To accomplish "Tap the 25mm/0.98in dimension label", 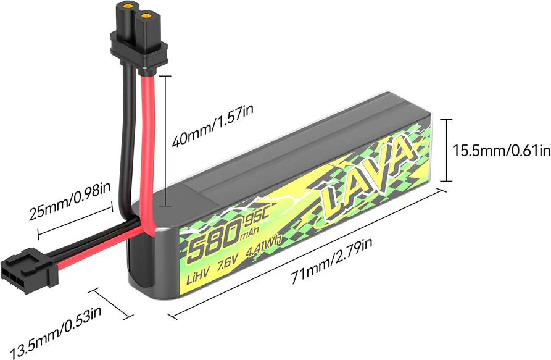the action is point(69,201).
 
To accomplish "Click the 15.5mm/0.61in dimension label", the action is point(501,151).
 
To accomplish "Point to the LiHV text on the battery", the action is point(198,277).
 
